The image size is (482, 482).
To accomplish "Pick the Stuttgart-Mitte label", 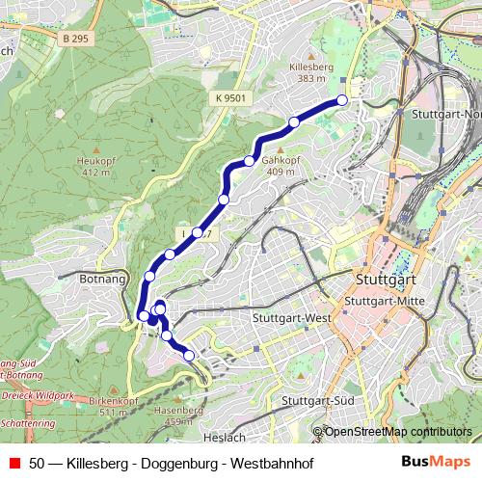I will click(385, 301).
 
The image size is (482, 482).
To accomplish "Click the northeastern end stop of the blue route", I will click(341, 100).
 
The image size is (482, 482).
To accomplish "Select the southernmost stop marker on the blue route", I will click(189, 356).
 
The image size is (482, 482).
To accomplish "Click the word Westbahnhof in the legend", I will click(269, 463).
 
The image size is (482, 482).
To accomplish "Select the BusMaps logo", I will click(436, 462).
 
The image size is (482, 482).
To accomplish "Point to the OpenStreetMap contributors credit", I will click(398, 431).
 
